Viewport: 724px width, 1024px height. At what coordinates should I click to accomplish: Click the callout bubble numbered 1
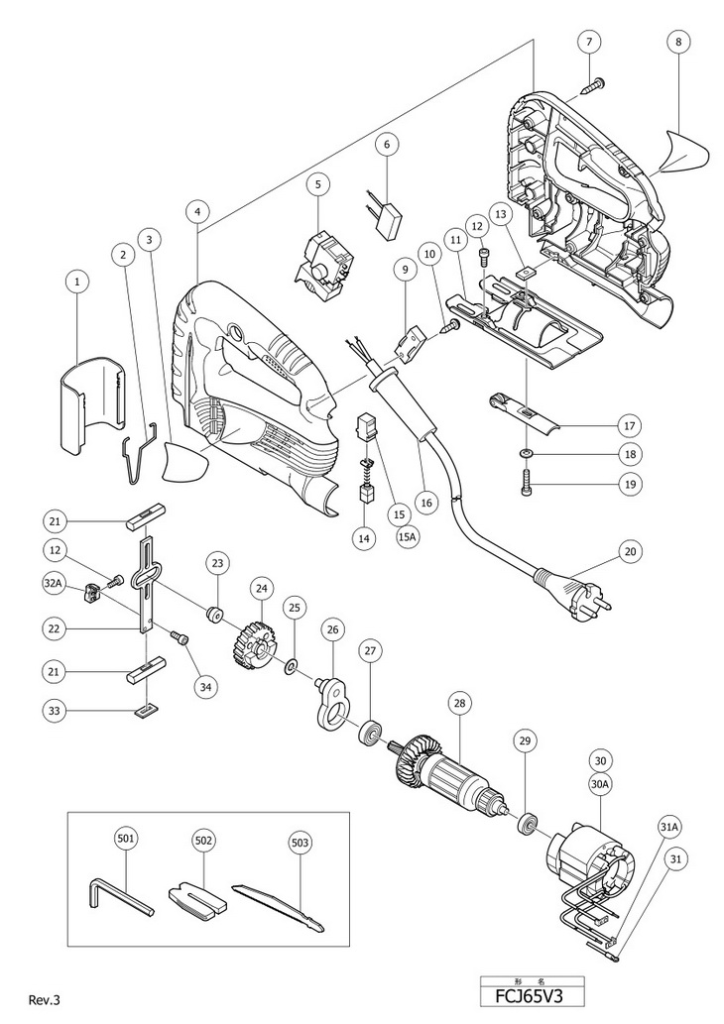pyautogui.click(x=77, y=283)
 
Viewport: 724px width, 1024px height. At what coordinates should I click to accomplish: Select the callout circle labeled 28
pyautogui.click(x=459, y=704)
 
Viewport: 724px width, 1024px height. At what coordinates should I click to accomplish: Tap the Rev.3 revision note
pyautogui.click(x=45, y=999)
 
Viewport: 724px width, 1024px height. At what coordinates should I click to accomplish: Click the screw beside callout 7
pyautogui.click(x=593, y=85)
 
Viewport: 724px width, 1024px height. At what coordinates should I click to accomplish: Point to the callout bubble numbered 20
pyautogui.click(x=630, y=550)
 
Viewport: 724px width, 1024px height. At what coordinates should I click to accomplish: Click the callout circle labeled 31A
pyautogui.click(x=671, y=827)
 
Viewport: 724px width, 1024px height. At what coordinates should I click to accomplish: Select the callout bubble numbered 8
pyautogui.click(x=678, y=42)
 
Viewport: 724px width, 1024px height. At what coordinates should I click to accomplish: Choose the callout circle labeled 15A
pyautogui.click(x=407, y=537)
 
